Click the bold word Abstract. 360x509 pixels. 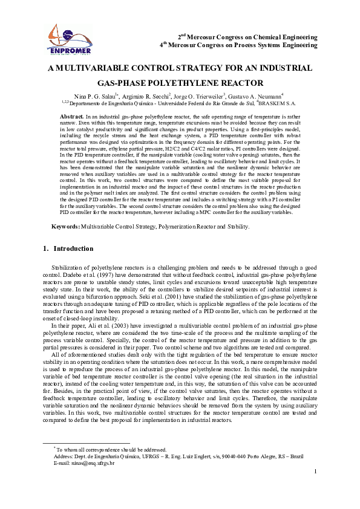coord(71,115)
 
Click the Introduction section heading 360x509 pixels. coord(73,248)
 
